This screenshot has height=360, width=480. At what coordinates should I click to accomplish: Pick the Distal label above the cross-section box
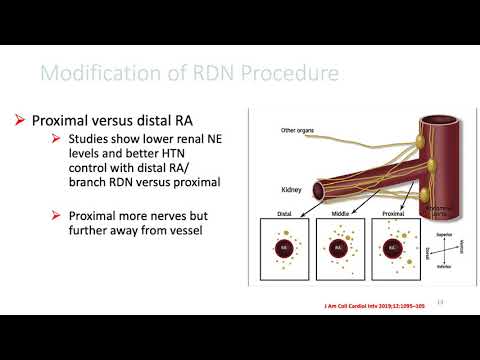pyautogui.click(x=285, y=212)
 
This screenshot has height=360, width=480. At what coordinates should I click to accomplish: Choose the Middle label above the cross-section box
pyautogui.click(x=337, y=212)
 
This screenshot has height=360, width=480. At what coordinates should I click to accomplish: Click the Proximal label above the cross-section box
pyautogui.click(x=391, y=212)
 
